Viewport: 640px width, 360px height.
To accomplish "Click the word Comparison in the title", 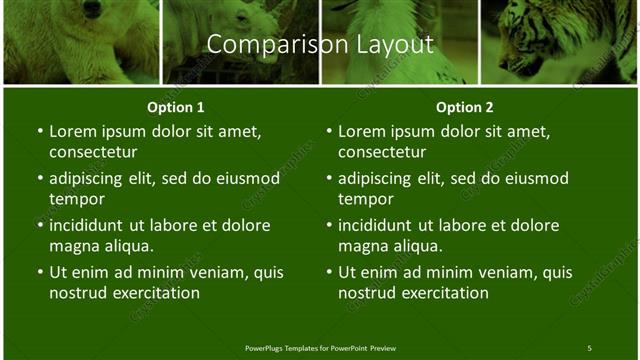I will point(263,45).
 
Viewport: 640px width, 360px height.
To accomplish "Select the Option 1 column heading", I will point(176,107).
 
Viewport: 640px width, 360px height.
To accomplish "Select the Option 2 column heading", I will point(465,107).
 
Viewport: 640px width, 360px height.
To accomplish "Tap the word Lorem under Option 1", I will point(72,131).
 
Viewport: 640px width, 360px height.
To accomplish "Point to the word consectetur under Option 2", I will point(381,152).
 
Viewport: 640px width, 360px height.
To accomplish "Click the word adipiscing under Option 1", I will point(90,179).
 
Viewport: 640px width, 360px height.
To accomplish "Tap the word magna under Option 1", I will point(73,246).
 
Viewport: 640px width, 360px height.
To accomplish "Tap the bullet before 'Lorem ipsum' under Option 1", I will point(39,132).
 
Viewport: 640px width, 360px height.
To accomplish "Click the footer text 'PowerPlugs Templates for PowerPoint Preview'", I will point(320,348).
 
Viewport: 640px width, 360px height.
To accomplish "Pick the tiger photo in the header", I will point(560,40).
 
